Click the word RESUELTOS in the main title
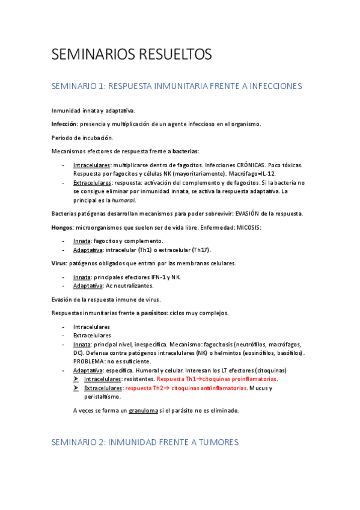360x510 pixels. pos(175,55)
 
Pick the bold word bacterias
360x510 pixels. pos(185,152)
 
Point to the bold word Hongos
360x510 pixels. pos(63,227)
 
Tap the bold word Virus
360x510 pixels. pos(59,263)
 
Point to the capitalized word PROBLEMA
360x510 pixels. pos(90,361)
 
